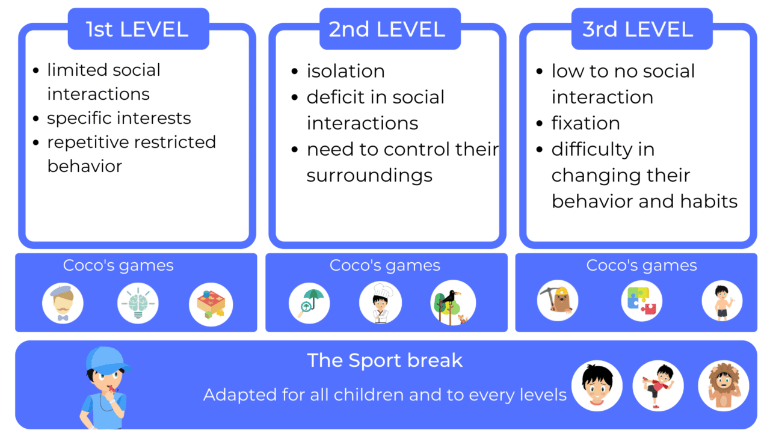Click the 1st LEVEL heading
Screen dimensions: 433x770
tap(138, 29)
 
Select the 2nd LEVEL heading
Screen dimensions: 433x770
tap(387, 29)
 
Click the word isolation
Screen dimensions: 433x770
tap(345, 71)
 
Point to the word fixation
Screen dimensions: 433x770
tap(585, 123)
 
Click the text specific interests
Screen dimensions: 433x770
tap(119, 118)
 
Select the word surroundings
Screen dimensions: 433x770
tap(369, 175)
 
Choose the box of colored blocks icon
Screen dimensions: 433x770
tap(211, 304)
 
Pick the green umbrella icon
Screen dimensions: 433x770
tap(309, 302)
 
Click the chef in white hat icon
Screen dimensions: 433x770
tap(380, 302)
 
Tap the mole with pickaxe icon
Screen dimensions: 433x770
tap(558, 301)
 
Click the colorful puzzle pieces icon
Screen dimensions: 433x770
tap(641, 301)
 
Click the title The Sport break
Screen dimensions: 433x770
tap(385, 360)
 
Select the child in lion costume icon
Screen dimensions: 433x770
tap(723, 385)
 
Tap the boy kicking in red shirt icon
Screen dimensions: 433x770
tap(658, 385)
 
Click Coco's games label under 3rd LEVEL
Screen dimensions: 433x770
tap(641, 265)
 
